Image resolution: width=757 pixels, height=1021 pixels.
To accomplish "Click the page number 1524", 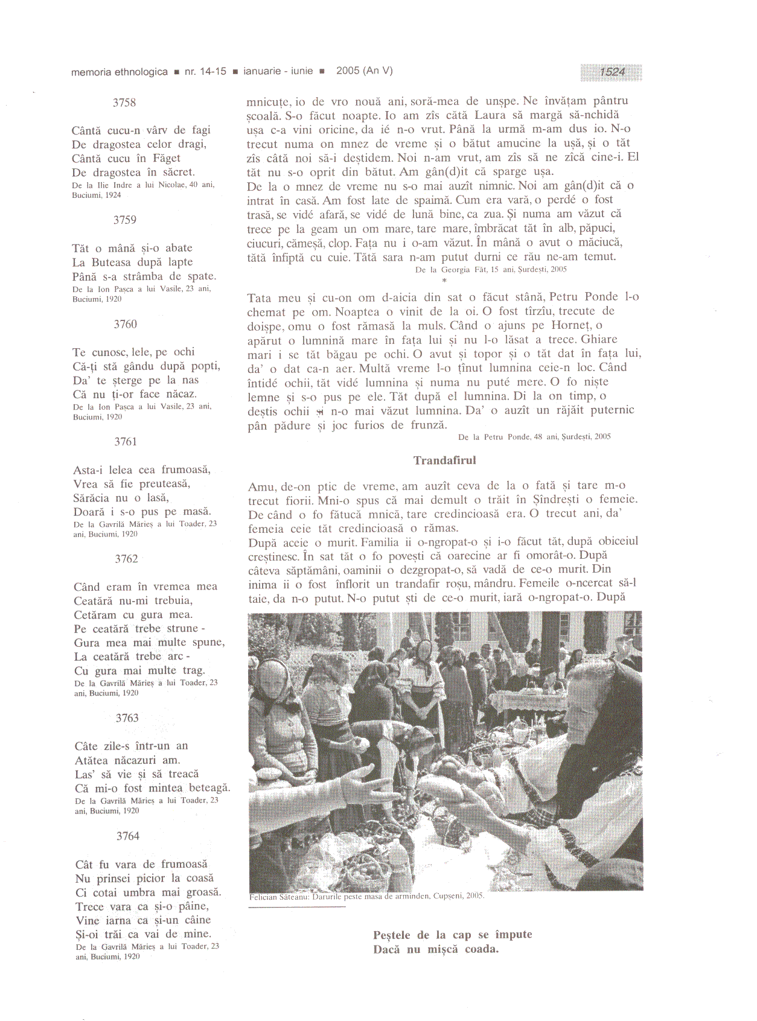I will click(612, 72).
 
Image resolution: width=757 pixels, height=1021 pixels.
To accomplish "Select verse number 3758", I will click(124, 103).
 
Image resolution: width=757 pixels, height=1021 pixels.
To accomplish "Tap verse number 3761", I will click(126, 442).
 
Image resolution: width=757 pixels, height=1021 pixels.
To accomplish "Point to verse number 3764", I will click(127, 836).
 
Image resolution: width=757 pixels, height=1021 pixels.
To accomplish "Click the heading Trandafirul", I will click(444, 460).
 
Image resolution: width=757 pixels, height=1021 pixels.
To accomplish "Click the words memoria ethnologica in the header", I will click(120, 72).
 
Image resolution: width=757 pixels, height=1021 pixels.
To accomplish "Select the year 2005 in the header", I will click(348, 71).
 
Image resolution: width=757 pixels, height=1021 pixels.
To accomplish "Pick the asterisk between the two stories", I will click(444, 281).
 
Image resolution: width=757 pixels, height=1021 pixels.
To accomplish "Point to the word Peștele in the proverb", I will click(392, 935).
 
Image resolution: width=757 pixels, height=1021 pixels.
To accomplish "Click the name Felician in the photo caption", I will click(263, 897).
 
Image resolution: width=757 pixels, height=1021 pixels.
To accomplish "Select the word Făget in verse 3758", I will click(167, 159).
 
